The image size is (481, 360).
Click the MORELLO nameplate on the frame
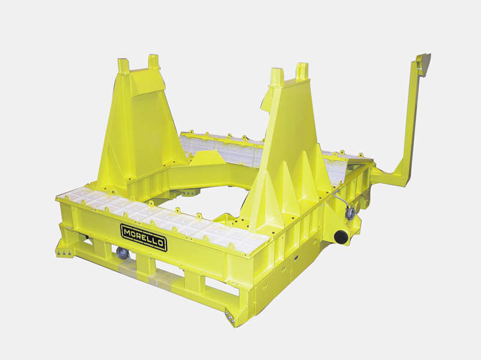point(144,232)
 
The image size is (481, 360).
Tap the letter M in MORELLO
point(126,229)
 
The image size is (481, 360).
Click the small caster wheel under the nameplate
point(123,254)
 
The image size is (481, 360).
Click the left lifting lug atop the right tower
point(277,76)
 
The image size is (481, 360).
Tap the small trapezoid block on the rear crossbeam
point(207,158)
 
